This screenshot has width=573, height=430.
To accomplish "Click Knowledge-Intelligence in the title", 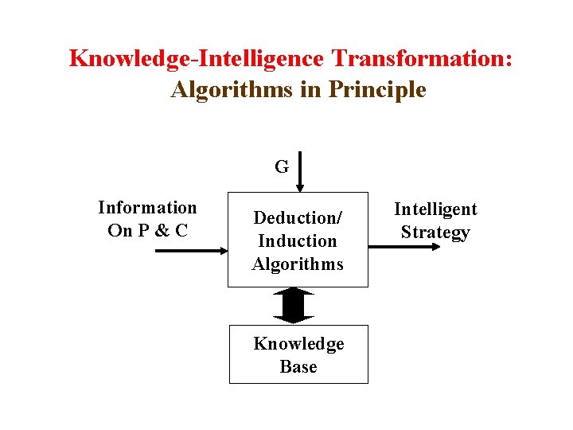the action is [x=197, y=59].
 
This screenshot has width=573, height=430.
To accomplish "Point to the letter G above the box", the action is [x=282, y=167].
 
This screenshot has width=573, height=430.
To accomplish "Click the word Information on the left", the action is [x=147, y=208].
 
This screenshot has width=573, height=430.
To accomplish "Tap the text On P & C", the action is [x=147, y=232].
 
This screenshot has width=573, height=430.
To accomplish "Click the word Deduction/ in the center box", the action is [x=297, y=217].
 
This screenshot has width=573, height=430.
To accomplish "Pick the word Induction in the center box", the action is [x=297, y=240].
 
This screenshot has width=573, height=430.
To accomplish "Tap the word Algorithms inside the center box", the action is [x=297, y=264].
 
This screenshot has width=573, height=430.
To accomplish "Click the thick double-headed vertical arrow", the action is [x=294, y=306].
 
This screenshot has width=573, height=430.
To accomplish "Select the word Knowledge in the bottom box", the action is [x=298, y=344].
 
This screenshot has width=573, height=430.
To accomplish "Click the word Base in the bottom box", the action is [x=298, y=367].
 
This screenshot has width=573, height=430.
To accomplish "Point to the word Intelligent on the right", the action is [x=435, y=209].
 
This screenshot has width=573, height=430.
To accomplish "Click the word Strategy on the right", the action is [x=435, y=233].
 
